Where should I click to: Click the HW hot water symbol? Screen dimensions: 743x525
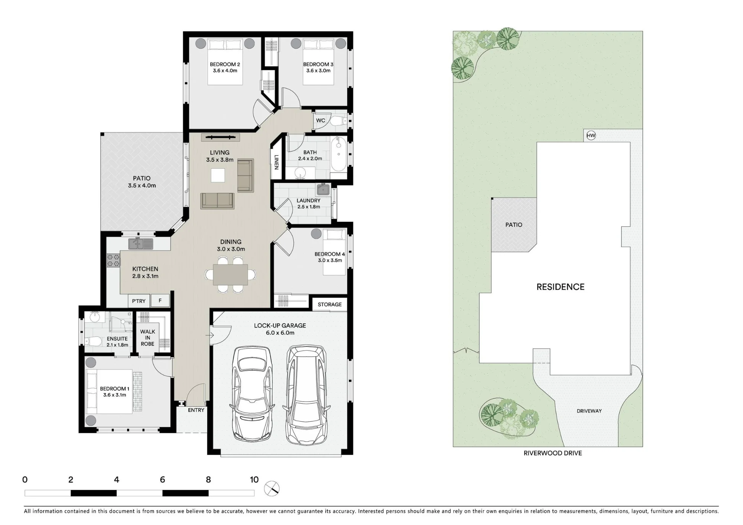[591, 136]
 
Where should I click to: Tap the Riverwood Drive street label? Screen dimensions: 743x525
[553, 453]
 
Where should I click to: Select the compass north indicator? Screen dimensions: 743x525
[272, 488]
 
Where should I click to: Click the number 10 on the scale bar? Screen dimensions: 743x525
[254, 480]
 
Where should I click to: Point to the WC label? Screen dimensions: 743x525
[321, 120]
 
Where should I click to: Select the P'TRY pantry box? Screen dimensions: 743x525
[139, 301]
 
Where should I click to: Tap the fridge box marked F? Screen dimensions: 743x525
[160, 301]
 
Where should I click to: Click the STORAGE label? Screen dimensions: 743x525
[330, 304]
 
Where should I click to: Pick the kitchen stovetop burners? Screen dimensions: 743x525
[114, 260]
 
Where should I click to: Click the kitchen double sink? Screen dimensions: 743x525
[141, 244]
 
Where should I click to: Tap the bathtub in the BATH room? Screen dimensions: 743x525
[338, 154]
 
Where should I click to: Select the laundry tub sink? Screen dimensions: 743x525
[323, 189]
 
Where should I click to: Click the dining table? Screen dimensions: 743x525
[230, 275]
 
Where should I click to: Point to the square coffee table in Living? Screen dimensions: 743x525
[218, 175]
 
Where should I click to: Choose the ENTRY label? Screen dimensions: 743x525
[196, 410]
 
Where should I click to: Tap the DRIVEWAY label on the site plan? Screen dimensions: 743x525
[589, 411]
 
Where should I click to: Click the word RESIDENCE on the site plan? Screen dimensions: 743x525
[561, 287]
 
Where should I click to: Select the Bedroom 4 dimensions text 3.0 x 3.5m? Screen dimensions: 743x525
[330, 260]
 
